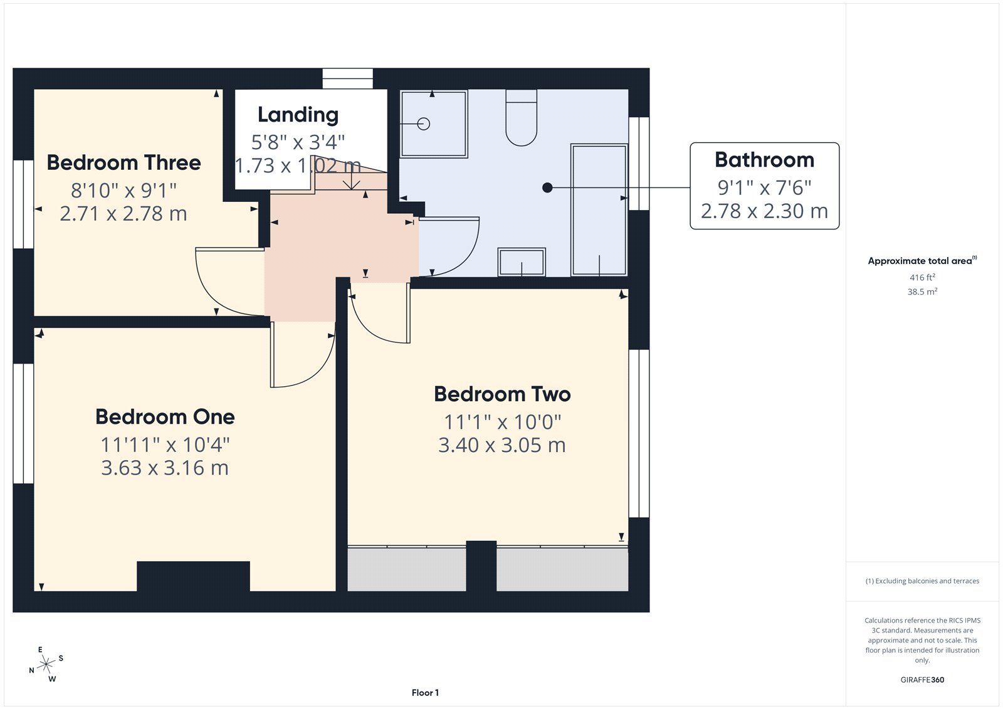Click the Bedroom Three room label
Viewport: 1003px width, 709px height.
click(x=123, y=163)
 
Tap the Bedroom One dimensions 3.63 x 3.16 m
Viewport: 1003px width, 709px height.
click(x=165, y=468)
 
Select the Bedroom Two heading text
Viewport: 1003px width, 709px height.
click(x=502, y=394)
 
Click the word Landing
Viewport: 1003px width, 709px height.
click(x=298, y=115)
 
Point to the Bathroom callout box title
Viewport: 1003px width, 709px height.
click(x=764, y=160)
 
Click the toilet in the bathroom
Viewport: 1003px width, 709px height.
click(x=521, y=119)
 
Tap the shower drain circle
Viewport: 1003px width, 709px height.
click(x=424, y=124)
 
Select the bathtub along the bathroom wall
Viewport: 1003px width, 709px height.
click(x=599, y=210)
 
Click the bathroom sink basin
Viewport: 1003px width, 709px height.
click(x=522, y=261)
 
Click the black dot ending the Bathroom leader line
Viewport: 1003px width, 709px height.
click(x=547, y=187)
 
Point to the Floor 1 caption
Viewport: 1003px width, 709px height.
click(x=425, y=693)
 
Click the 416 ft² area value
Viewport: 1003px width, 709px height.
click(x=922, y=277)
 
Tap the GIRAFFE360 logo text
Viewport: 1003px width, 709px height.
click(x=922, y=680)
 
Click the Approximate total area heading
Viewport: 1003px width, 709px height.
click(x=920, y=261)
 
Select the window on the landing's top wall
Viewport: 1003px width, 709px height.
click(x=347, y=79)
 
